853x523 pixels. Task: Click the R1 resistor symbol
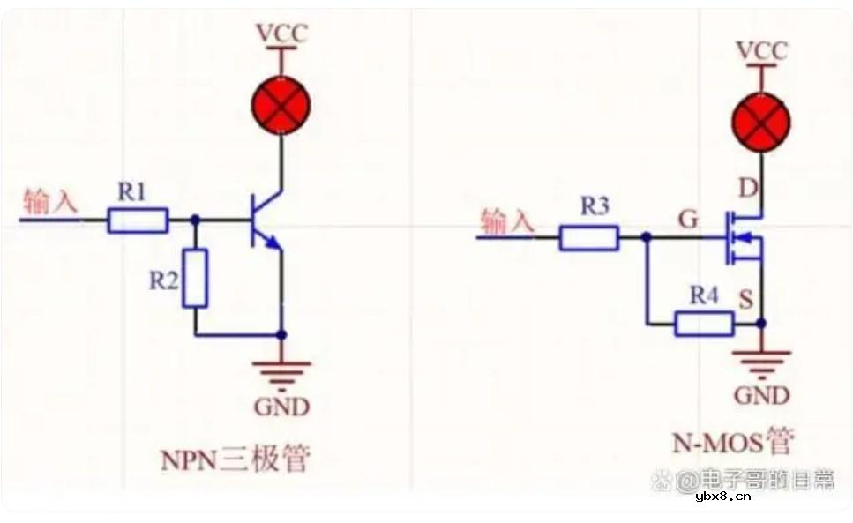click(138, 220)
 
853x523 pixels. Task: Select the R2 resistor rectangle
click(195, 278)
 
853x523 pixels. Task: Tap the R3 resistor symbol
click(588, 238)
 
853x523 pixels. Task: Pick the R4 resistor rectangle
click(703, 324)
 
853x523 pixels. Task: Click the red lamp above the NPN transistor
click(281, 104)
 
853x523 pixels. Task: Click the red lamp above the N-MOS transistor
click(761, 122)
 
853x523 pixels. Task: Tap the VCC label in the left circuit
click(281, 34)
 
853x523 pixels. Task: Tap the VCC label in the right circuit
click(761, 50)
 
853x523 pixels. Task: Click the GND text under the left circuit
click(281, 407)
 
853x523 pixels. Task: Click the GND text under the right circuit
click(761, 395)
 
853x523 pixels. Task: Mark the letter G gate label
click(688, 217)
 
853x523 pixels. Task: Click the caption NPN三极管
click(236, 459)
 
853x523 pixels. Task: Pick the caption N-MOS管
click(733, 439)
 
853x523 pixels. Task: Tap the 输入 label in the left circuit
click(50, 202)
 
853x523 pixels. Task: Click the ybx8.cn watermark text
click(723, 497)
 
